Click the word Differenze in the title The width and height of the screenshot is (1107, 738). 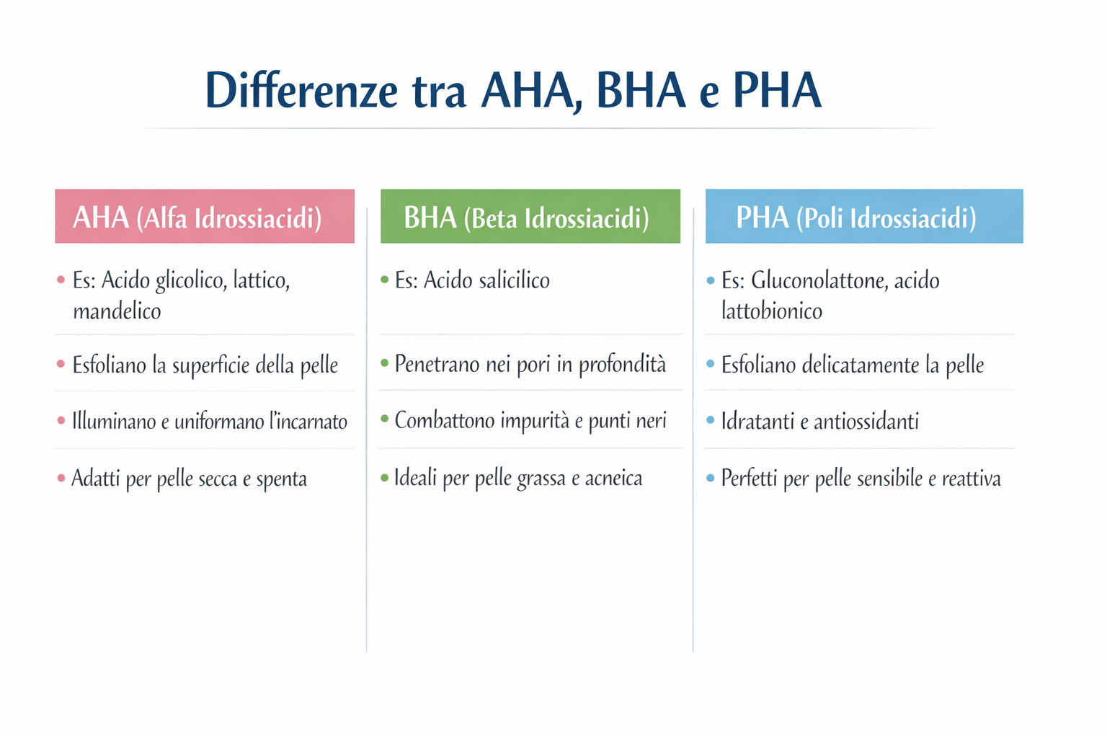click(301, 92)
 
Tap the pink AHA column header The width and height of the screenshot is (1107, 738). click(205, 216)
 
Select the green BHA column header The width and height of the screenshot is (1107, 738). click(530, 216)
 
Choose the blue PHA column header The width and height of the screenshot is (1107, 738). click(863, 216)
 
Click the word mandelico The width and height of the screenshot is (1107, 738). click(117, 311)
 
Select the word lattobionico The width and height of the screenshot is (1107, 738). click(771, 311)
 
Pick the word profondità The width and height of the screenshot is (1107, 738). click(622, 365)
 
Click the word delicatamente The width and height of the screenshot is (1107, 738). click(860, 365)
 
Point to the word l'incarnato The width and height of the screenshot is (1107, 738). click(308, 421)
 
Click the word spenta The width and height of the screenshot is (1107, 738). click(281, 479)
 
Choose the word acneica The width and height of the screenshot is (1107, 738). click(613, 478)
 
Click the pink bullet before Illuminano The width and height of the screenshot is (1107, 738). click(61, 420)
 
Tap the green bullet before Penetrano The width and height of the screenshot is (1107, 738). click(384, 363)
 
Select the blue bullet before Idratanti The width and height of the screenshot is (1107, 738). click(711, 420)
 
